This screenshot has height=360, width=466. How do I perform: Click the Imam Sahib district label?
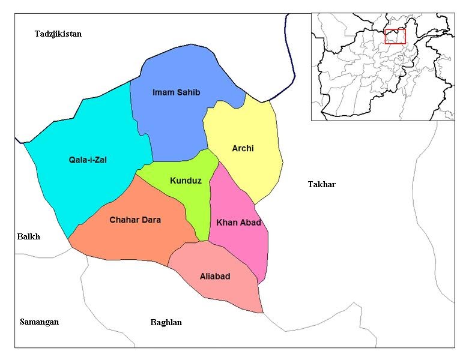pyautogui.click(x=176, y=92)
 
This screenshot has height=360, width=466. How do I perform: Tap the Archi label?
pyautogui.click(x=243, y=148)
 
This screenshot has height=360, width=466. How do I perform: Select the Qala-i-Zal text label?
pyautogui.click(x=88, y=160)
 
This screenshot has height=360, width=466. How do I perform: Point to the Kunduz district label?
pyautogui.click(x=186, y=180)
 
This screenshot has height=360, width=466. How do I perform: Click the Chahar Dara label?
pyautogui.click(x=135, y=220)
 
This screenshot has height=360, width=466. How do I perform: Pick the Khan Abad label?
pyautogui.click(x=238, y=223)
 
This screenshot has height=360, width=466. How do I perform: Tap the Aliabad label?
pyautogui.click(x=215, y=276)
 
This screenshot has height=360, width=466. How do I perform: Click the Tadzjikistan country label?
pyautogui.click(x=58, y=34)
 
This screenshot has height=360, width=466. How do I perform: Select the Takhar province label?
pyautogui.click(x=321, y=184)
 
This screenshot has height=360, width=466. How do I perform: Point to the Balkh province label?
pyautogui.click(x=28, y=236)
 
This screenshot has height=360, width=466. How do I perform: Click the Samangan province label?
pyautogui.click(x=39, y=322)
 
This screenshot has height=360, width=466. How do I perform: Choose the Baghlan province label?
pyautogui.click(x=166, y=322)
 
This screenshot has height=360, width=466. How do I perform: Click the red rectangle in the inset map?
pyautogui.click(x=395, y=36)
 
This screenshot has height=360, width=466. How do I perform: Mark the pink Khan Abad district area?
pyautogui.click(x=246, y=246)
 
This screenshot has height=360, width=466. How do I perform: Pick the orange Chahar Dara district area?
pyautogui.click(x=132, y=240)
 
